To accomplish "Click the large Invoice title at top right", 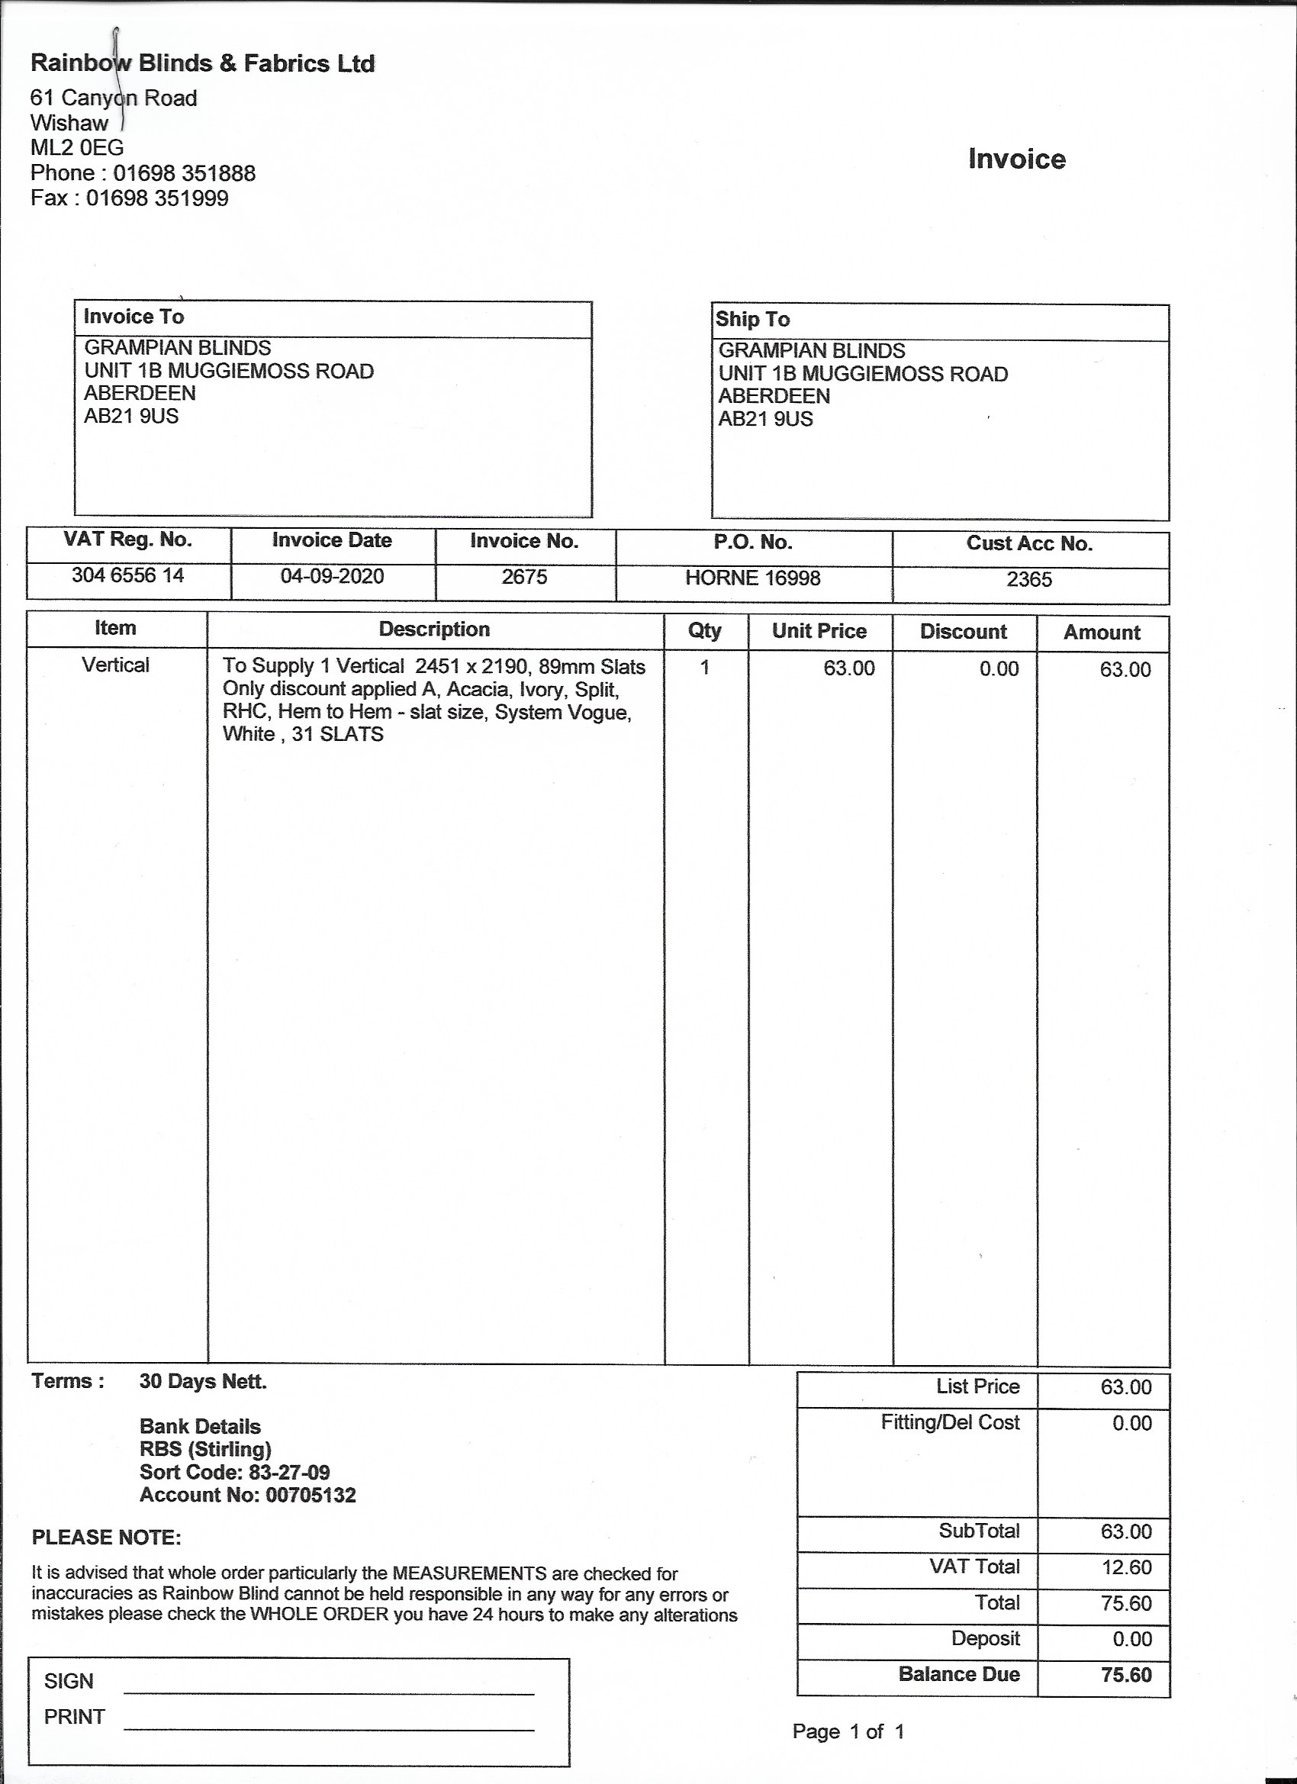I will (1016, 159).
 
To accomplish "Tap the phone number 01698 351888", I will (184, 173).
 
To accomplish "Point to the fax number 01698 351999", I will (157, 198).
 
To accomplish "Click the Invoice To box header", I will (134, 316).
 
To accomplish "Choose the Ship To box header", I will (752, 319).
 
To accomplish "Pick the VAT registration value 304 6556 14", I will (127, 575).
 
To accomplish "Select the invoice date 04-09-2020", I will (332, 576).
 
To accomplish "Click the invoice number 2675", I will (524, 577).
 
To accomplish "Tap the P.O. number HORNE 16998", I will (752, 578).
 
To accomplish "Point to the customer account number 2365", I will (1028, 580).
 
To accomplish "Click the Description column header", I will (434, 630).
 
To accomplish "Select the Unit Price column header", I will (819, 631).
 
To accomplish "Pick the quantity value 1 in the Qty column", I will (705, 667).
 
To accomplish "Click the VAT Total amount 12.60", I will (1126, 1568).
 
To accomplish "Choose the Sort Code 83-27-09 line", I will (234, 1473).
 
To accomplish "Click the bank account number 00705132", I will (311, 1496).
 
